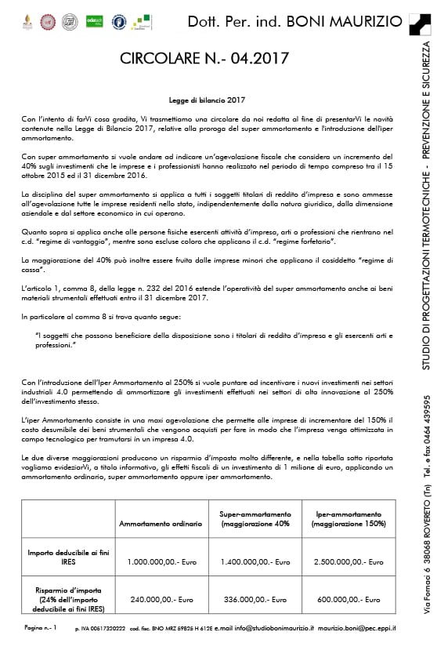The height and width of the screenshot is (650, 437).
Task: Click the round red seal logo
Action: (x=49, y=20)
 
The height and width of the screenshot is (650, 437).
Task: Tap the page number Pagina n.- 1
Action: (x=41, y=628)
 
